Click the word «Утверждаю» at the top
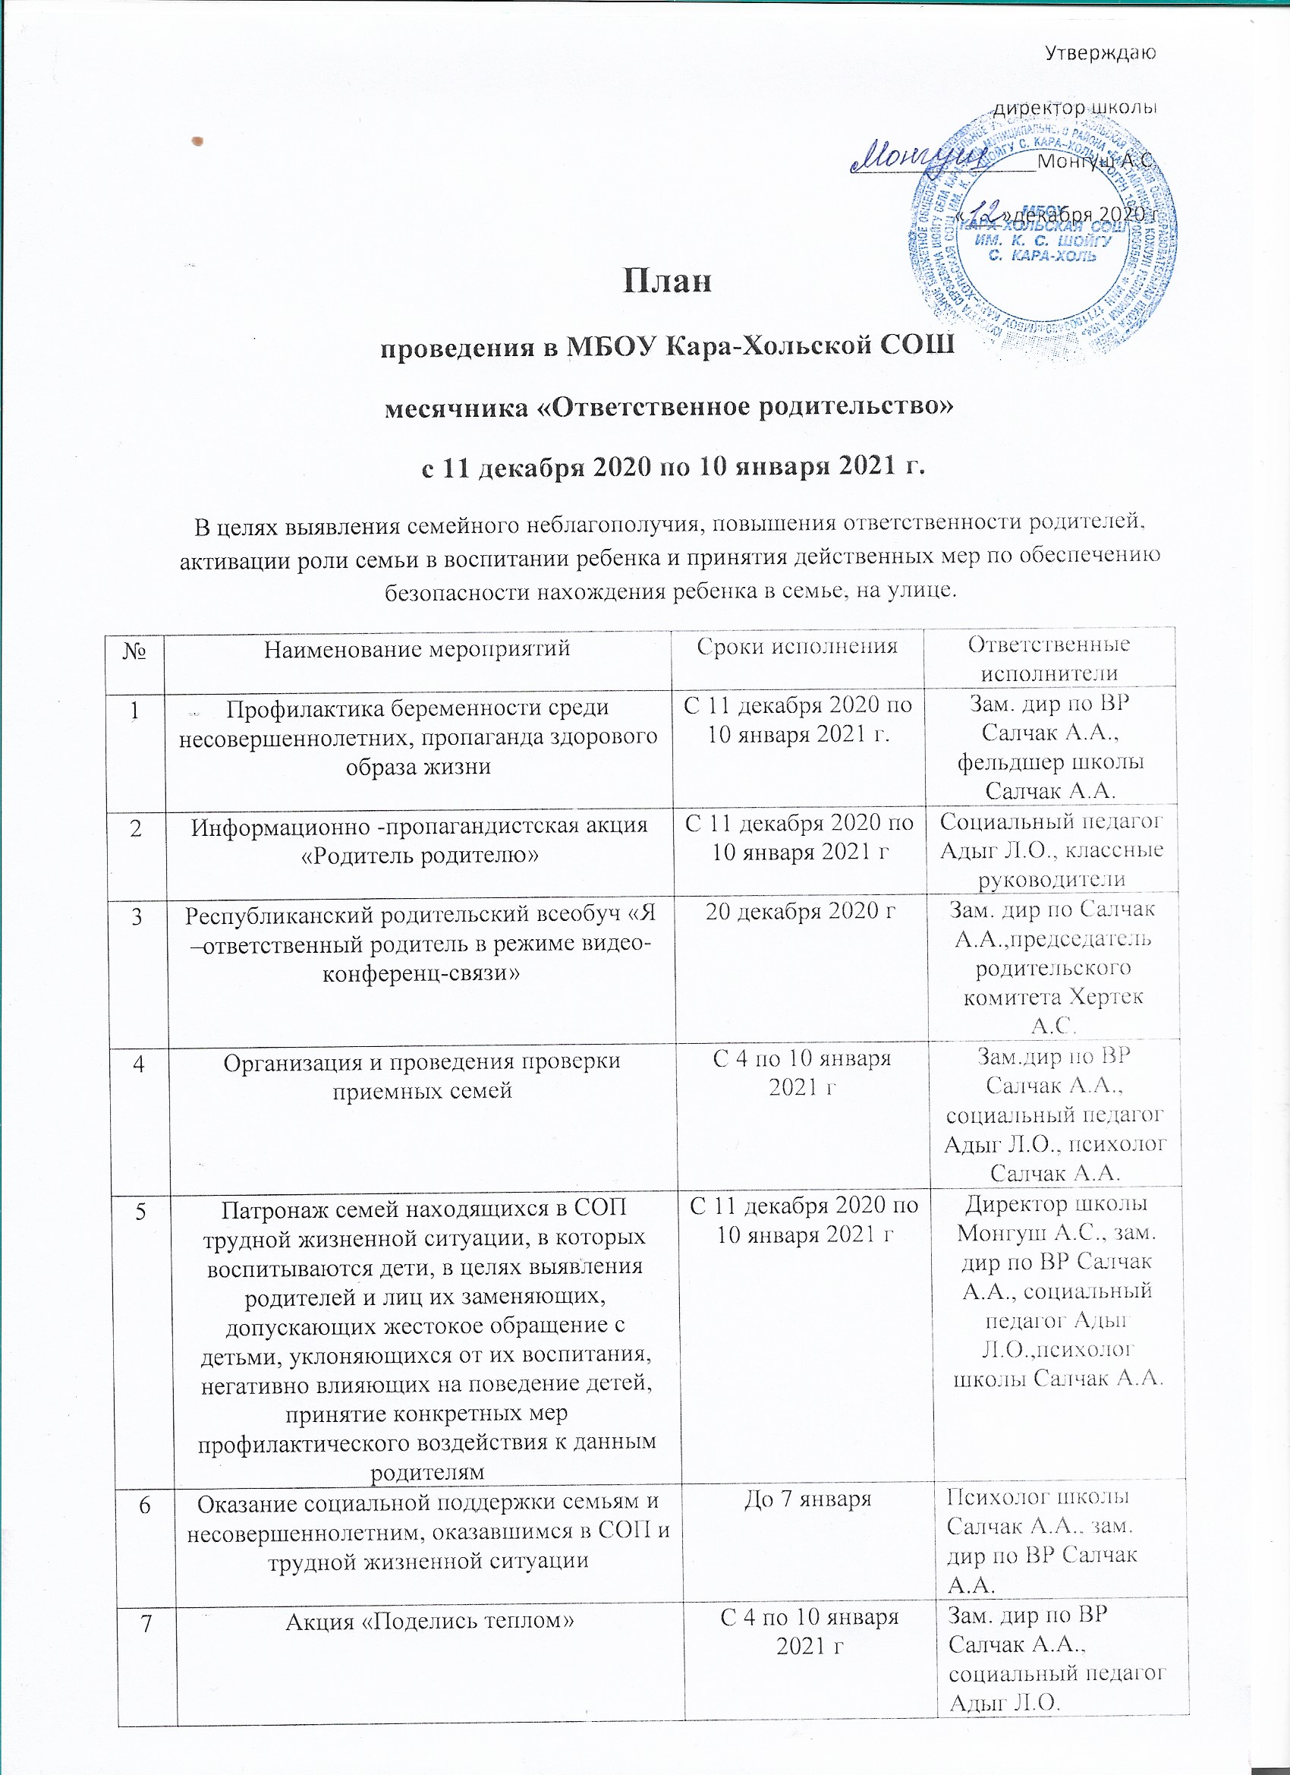[x=1101, y=53]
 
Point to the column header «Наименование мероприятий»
[x=417, y=648]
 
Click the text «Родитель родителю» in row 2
[x=421, y=855]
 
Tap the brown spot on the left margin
[x=198, y=141]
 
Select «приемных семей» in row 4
[x=423, y=1089]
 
